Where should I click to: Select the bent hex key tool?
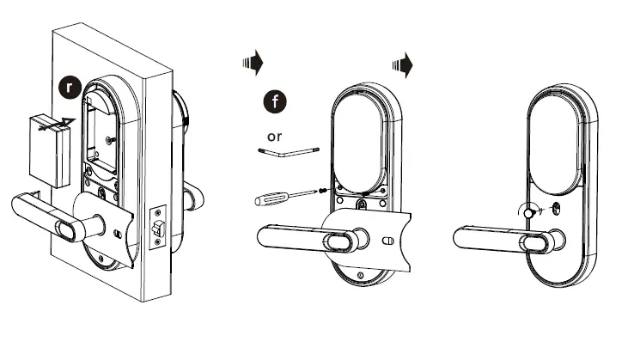pyautogui.click(x=288, y=150)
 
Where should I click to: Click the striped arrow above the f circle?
pyautogui.click(x=252, y=62)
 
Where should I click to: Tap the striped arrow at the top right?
pyautogui.click(x=401, y=64)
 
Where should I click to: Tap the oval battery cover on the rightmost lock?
pyautogui.click(x=558, y=139)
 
